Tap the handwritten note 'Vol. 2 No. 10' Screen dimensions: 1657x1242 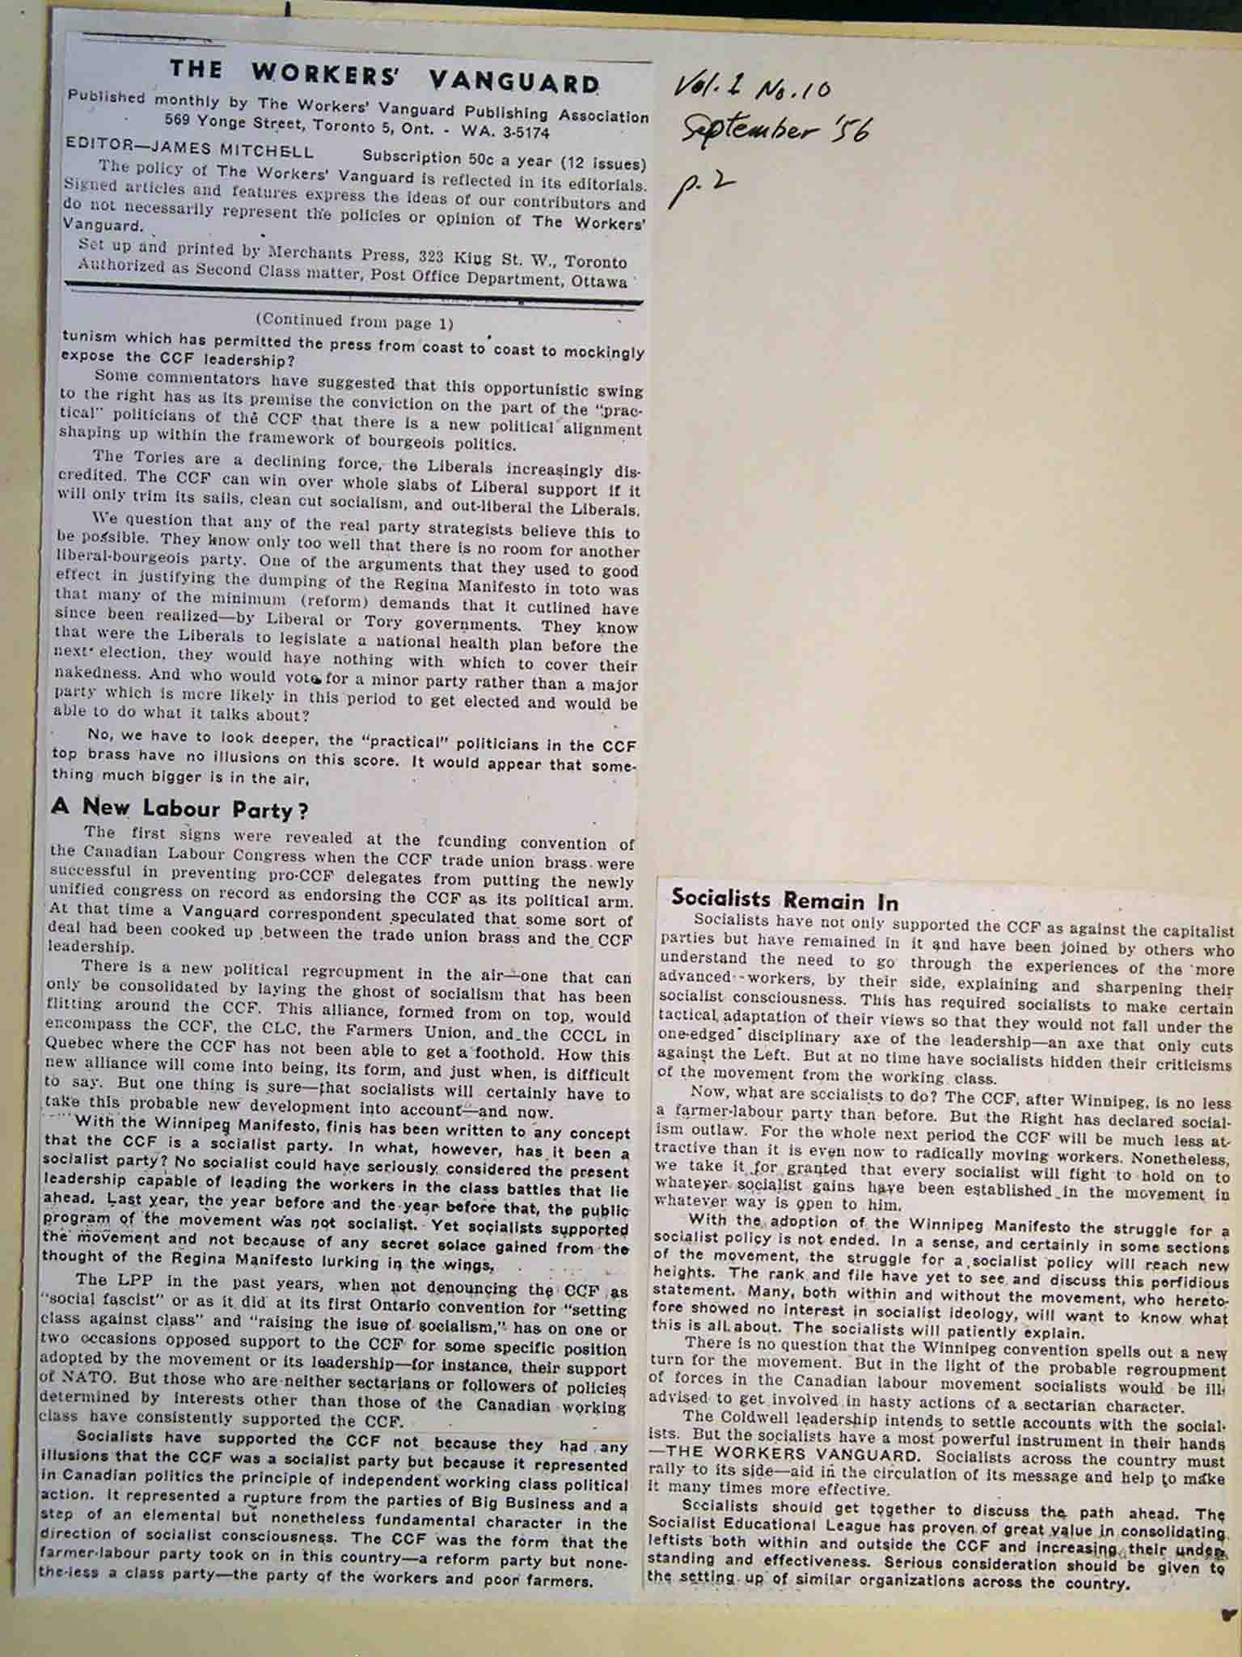point(752,89)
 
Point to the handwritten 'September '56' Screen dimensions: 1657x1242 point(776,129)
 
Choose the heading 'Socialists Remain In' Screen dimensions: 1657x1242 point(785,900)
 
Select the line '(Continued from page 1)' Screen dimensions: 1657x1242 point(353,322)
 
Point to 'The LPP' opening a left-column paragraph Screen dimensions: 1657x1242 point(106,1279)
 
